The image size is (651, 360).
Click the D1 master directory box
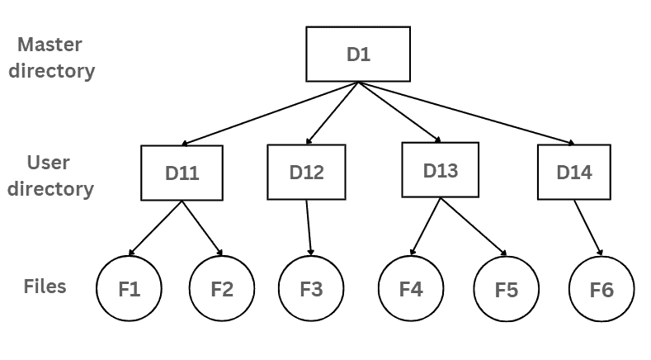click(358, 54)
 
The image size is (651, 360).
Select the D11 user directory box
click(182, 173)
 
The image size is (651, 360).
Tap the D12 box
click(306, 173)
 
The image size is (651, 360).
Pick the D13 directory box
click(441, 170)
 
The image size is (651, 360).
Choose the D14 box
click(573, 173)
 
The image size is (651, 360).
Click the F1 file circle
click(129, 290)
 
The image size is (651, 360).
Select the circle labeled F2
click(222, 290)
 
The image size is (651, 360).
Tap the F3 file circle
click(311, 290)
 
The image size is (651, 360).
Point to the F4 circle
click(411, 289)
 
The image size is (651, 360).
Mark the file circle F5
click(507, 291)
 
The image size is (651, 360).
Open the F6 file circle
click(601, 291)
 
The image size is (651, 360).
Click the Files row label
click(45, 287)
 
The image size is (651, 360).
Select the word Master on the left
click(50, 44)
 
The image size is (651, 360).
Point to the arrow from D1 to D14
click(466, 114)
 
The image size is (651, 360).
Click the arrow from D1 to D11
click(268, 114)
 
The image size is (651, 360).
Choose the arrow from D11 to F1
click(156, 228)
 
